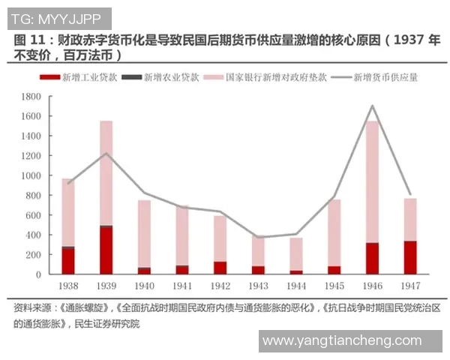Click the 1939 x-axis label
(x=106, y=286)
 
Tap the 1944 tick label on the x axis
(x=296, y=286)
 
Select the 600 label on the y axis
(x=33, y=215)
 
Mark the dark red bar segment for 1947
(x=410, y=257)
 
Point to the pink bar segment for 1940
(x=144, y=233)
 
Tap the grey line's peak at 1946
(x=372, y=106)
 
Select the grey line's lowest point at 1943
(x=258, y=237)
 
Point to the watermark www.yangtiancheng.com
(x=341, y=340)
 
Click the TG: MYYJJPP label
(x=55, y=16)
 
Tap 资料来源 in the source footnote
(x=32, y=307)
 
